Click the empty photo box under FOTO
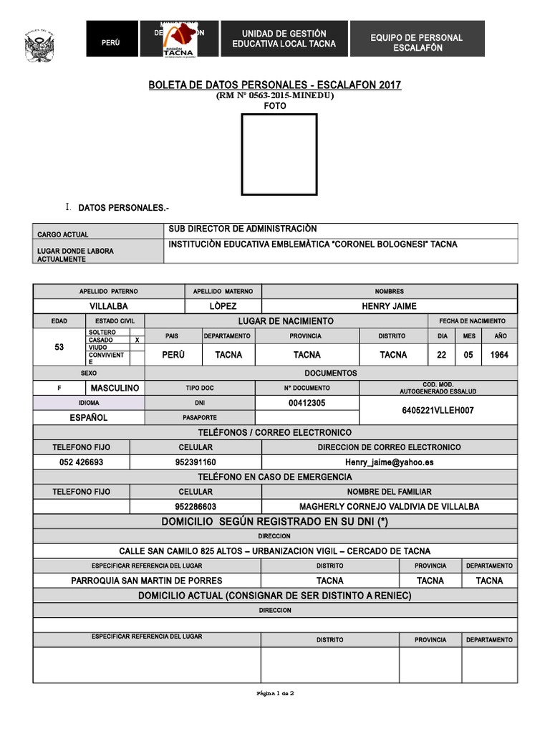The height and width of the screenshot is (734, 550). point(279,154)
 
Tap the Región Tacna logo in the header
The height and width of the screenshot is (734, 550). point(179,39)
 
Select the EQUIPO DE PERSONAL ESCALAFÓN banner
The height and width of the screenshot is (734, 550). point(417,42)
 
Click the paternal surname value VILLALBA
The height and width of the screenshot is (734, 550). point(109,306)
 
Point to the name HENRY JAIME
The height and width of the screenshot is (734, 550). point(389,306)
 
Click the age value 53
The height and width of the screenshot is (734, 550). point(59,347)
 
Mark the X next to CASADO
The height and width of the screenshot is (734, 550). point(137,340)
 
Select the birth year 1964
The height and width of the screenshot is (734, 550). point(500,355)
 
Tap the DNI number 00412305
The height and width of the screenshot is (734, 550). point(307,403)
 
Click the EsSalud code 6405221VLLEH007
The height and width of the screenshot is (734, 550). point(438,411)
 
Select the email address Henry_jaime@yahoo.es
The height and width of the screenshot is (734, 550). point(389,462)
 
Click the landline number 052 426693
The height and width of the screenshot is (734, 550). point(81,462)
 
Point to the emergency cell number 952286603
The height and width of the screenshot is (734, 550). point(196,506)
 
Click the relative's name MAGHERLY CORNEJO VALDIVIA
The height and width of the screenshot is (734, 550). point(389,506)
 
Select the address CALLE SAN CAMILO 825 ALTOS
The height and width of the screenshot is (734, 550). point(274,550)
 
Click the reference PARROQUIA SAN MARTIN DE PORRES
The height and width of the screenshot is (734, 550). point(146,581)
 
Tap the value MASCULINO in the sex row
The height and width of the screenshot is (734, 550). point(115,388)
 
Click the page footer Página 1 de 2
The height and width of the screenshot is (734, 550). point(275,693)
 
